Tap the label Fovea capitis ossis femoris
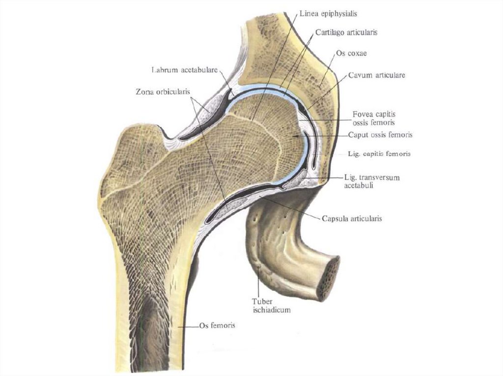[374, 118]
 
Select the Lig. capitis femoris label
[379, 153]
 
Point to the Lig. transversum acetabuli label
[372, 181]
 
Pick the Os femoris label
[217, 325]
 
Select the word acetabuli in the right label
[358, 186]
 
